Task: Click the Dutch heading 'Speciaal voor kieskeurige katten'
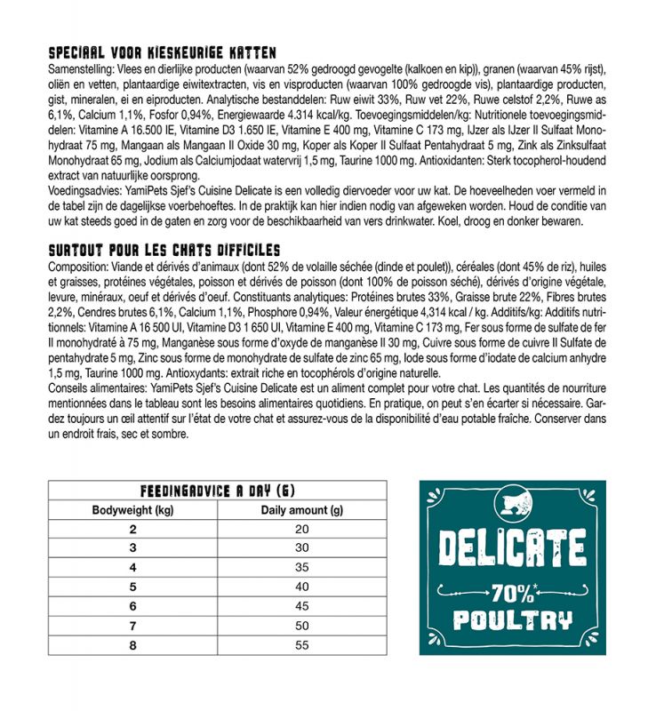coord(162,53)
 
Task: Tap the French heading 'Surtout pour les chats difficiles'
coord(164,250)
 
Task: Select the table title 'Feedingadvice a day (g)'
coord(217,491)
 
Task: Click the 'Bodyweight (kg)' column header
coord(132,510)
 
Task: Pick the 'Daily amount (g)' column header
coord(301,510)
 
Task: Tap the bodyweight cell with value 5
coord(132,587)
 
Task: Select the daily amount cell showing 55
coord(301,644)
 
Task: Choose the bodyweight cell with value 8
coord(132,644)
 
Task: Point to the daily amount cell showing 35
coord(301,567)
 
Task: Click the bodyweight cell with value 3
coord(132,547)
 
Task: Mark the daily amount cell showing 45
coord(301,606)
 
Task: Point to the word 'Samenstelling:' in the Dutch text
coord(77,68)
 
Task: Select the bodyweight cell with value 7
coord(132,625)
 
